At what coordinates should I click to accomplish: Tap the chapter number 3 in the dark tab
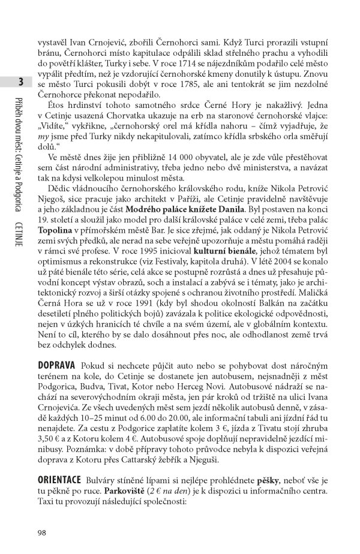coord(21,82)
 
